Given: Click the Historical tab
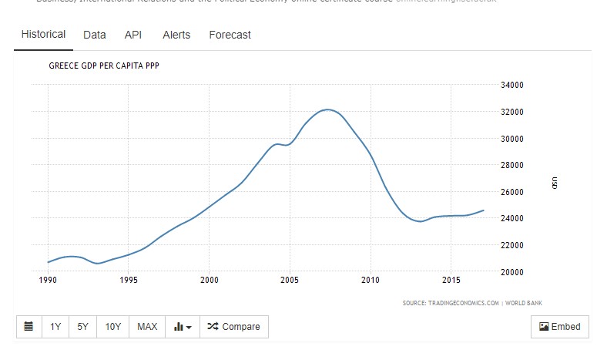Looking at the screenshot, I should [43, 35].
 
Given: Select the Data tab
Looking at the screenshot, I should [94, 35].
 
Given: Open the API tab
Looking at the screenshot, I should [132, 35].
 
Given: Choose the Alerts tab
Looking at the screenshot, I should [176, 35].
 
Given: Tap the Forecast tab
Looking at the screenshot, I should [230, 35].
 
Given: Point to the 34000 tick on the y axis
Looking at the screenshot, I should [512, 86].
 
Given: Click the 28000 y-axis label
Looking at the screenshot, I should [512, 165].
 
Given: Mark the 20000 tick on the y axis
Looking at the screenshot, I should [512, 272].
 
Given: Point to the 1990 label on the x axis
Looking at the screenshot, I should [48, 280].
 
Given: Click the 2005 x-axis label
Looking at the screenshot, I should [290, 280].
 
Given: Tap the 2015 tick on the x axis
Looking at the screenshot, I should [451, 280].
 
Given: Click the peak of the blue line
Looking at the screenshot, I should [328, 109].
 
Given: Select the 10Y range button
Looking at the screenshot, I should [113, 327].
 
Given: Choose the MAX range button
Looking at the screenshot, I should [147, 327].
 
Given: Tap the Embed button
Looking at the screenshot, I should [560, 327].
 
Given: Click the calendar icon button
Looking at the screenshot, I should [29, 327].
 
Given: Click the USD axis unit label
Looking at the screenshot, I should [554, 183].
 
